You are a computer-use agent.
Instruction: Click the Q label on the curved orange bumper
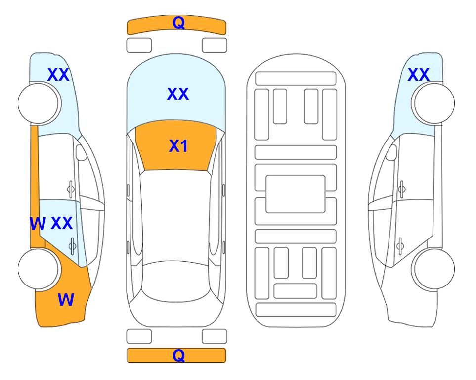click(x=178, y=23)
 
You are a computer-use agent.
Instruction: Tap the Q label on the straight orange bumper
click(x=178, y=355)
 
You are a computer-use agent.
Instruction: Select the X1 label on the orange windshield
click(x=178, y=146)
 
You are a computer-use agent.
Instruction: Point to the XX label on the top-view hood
click(x=178, y=94)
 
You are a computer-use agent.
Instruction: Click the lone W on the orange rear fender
click(x=66, y=300)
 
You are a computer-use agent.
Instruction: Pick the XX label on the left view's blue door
click(x=62, y=223)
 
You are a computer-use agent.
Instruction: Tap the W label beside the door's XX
click(x=38, y=224)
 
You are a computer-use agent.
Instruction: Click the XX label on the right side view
click(x=418, y=75)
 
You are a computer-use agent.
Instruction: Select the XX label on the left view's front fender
click(x=58, y=75)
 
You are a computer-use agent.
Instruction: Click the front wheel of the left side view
click(x=38, y=103)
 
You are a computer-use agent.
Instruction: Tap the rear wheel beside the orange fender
click(x=38, y=269)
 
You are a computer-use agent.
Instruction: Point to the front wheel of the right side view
click(x=434, y=103)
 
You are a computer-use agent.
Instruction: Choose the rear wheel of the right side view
click(x=434, y=269)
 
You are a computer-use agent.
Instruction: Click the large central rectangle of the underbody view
click(x=296, y=194)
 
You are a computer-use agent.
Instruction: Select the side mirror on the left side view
click(x=81, y=152)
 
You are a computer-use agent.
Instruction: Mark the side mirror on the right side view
click(x=391, y=152)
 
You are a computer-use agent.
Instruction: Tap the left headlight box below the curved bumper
click(x=139, y=46)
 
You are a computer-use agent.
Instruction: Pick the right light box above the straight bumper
click(x=215, y=336)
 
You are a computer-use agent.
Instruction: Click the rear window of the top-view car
click(x=176, y=281)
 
